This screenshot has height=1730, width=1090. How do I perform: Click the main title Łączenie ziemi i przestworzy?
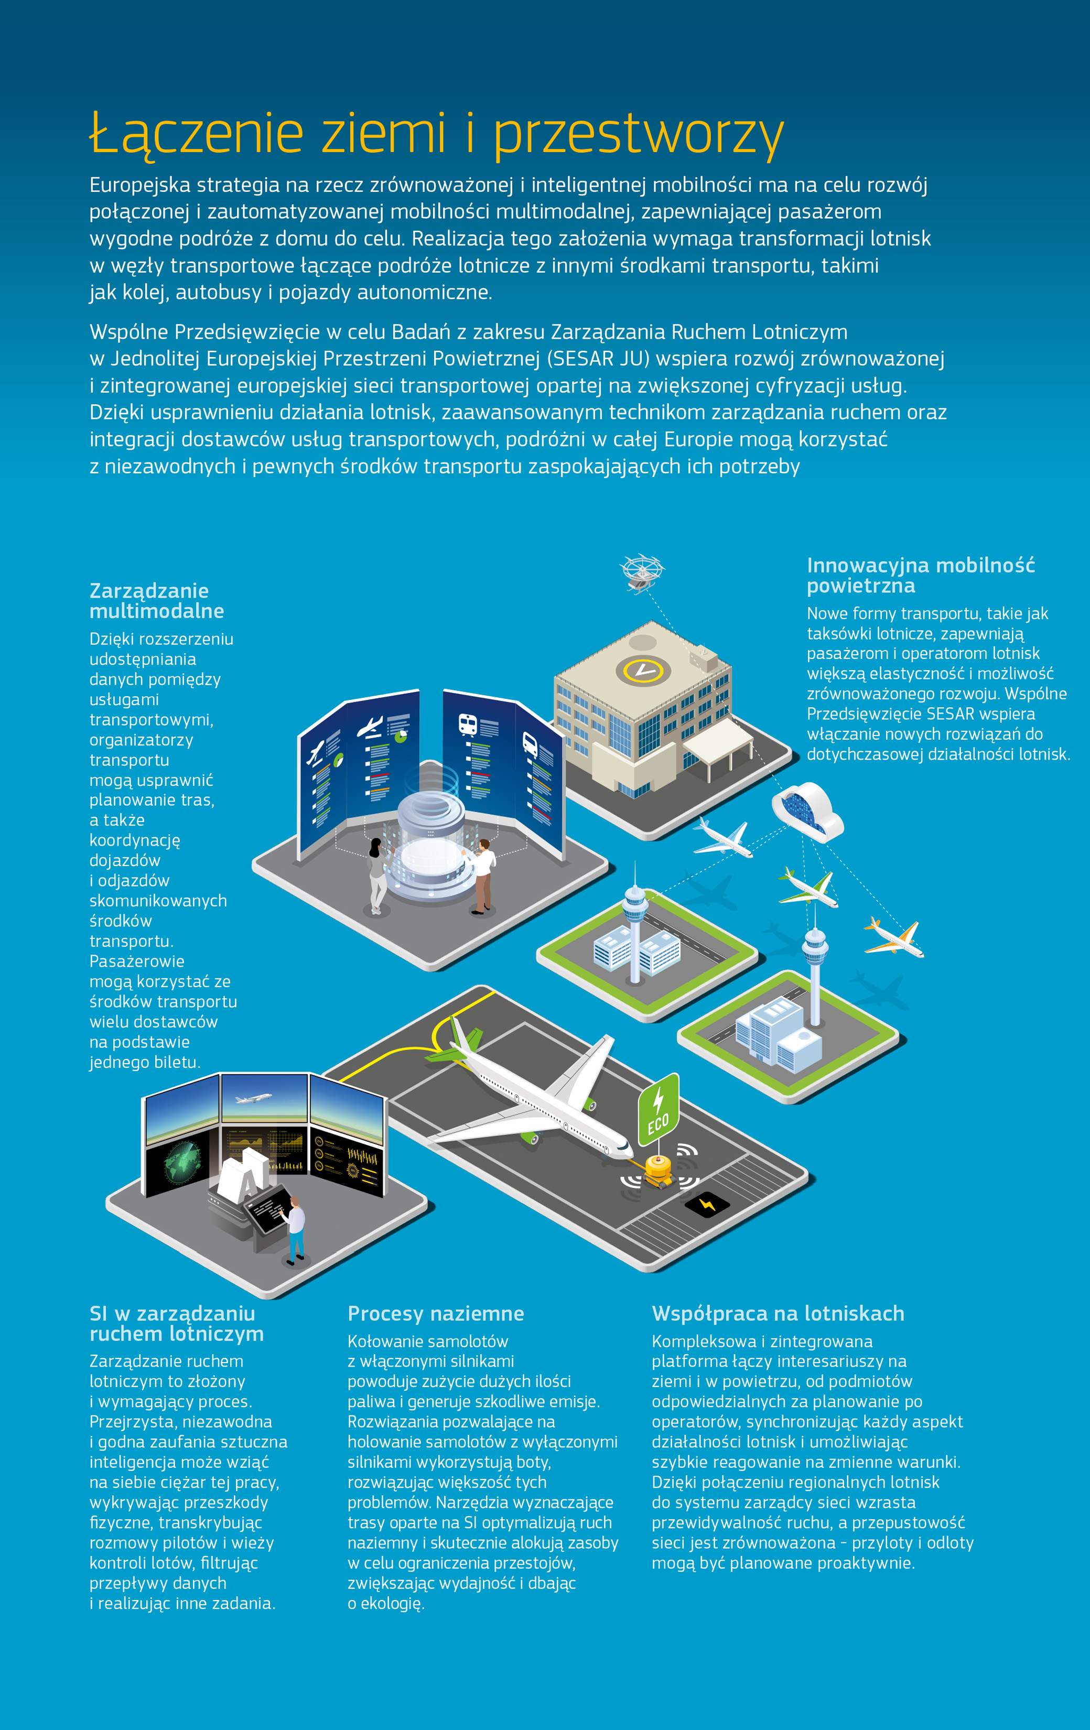click(436, 134)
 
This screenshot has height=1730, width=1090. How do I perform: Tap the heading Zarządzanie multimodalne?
click(157, 601)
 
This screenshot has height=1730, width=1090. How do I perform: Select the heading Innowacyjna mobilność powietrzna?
click(920, 576)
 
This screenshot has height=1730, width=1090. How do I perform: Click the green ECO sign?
click(658, 1109)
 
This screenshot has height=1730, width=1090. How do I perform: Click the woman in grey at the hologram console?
click(376, 875)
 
